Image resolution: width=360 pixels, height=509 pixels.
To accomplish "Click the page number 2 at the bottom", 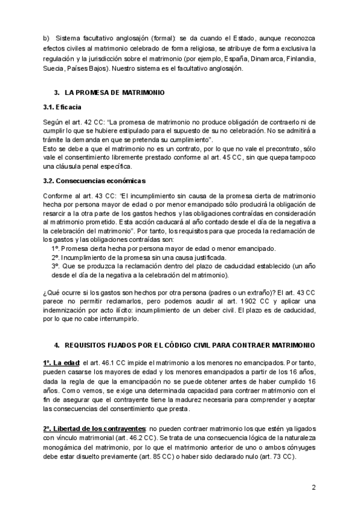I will pos(313,487).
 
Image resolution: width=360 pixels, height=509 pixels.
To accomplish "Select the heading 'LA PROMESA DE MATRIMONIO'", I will pos(110,93).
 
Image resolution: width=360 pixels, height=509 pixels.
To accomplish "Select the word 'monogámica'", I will pos(65,447).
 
